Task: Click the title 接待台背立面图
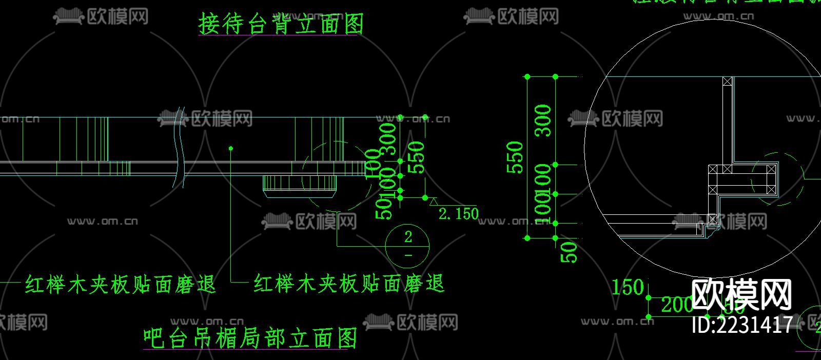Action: pyautogui.click(x=281, y=24)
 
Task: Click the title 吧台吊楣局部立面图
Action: pyautogui.click(x=250, y=338)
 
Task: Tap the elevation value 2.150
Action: pyautogui.click(x=458, y=213)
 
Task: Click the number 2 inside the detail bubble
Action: pyautogui.click(x=408, y=237)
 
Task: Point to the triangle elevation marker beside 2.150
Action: pyautogui.click(x=434, y=202)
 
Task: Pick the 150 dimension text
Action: pyautogui.click(x=628, y=287)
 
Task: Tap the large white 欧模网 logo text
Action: pyautogui.click(x=742, y=294)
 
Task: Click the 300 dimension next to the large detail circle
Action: pyautogui.click(x=543, y=121)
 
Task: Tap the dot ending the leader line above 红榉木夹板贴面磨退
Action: pyautogui.click(x=231, y=148)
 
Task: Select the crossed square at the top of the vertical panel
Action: pyautogui.click(x=727, y=82)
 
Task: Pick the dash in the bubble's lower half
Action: pyautogui.click(x=408, y=255)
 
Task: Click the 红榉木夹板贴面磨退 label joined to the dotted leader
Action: pyautogui.click(x=349, y=284)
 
